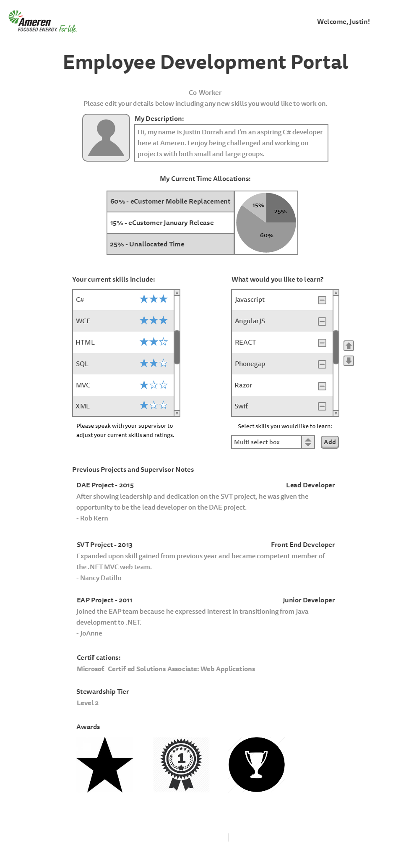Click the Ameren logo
pos(42,22)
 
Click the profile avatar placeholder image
pos(106,138)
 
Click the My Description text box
pos(231,143)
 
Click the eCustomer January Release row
pos(170,223)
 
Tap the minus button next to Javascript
pos(322,300)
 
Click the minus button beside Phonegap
pos(322,364)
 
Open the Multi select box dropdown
pos(308,442)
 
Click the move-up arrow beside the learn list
pos(349,345)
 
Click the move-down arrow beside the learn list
pos(349,361)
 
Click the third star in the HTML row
pos(164,342)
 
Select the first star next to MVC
pos(144,385)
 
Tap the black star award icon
pos(105,765)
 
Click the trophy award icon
pos(256,765)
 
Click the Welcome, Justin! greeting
pos(343,22)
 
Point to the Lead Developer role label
pos(310,485)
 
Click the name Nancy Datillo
pos(101,578)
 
